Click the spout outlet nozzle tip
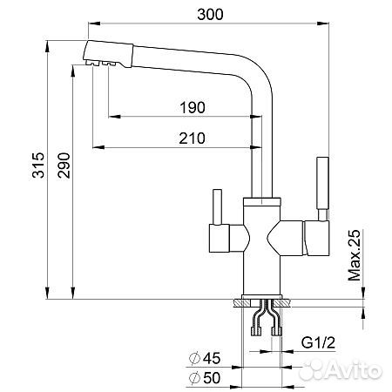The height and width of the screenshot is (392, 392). [x=96, y=61]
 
